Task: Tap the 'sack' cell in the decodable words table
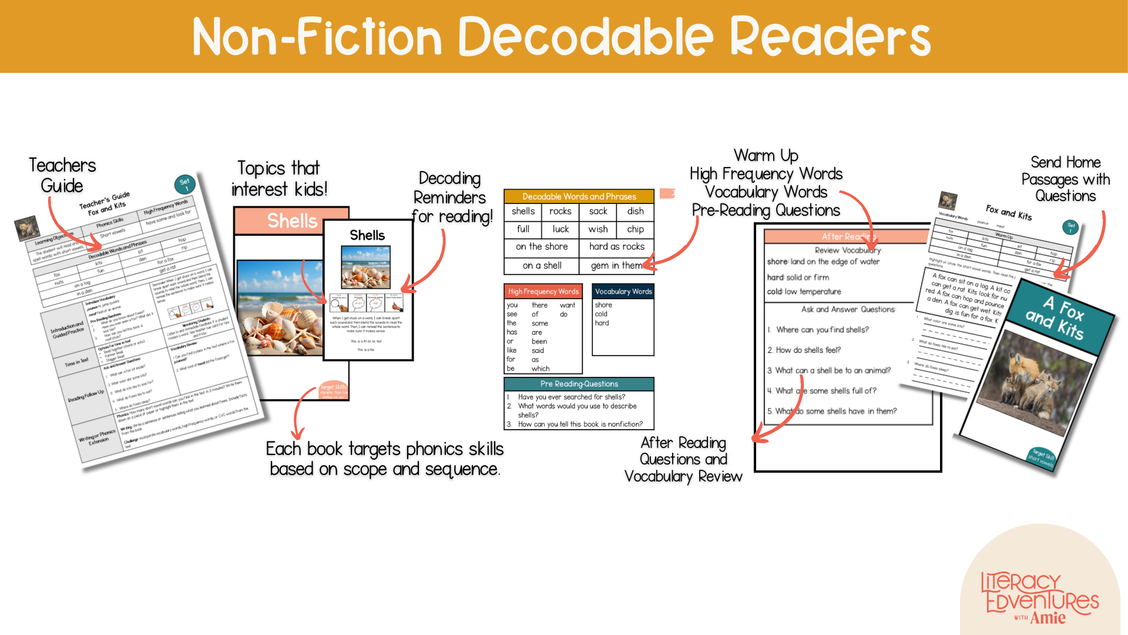coord(597,211)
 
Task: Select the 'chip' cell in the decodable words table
coord(635,229)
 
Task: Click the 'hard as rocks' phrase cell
coord(616,246)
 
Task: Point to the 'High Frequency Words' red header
coord(543,291)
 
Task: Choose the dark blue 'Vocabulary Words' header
coord(623,291)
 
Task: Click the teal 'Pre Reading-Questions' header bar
coord(579,384)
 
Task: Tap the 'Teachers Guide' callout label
coord(62,175)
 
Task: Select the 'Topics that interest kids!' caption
coord(279,179)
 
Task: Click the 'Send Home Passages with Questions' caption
coord(1065,179)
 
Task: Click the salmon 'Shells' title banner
coord(291,220)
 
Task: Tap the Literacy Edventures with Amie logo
coord(1040,597)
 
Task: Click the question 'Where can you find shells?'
coord(822,330)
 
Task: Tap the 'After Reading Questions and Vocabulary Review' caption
coord(683,459)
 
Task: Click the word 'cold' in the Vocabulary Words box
coord(601,314)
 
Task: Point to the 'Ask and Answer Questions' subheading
coord(848,309)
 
